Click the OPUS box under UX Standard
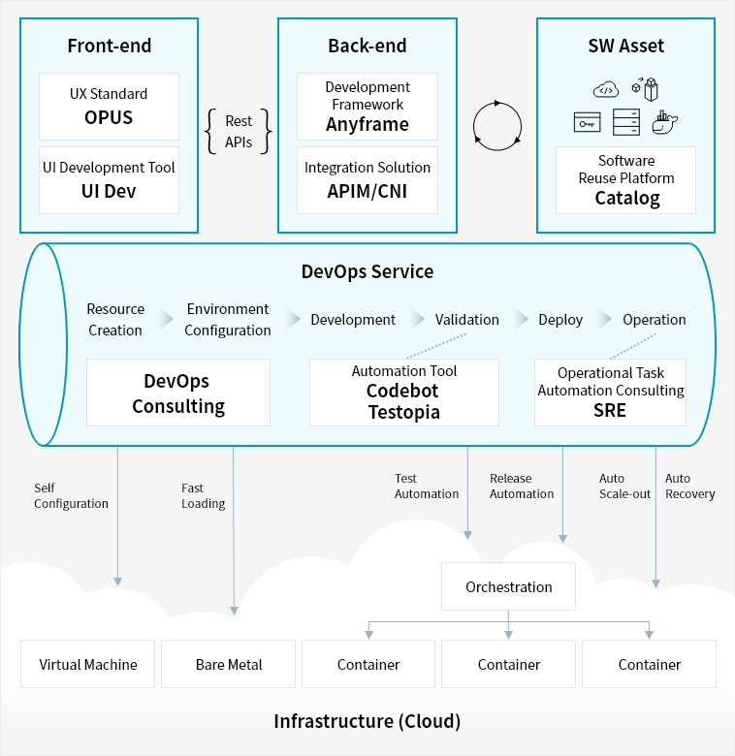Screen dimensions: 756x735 tap(109, 107)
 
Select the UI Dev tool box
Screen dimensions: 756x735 tap(109, 179)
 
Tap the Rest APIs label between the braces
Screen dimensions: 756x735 tap(239, 132)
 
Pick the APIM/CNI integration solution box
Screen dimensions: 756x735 tap(367, 179)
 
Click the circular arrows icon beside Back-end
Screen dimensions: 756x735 tap(496, 125)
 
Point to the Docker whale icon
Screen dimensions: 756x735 tap(665, 122)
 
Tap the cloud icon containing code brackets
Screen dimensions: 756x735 tap(606, 90)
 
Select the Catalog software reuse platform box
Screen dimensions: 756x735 tap(626, 179)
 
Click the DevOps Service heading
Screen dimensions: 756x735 tap(367, 271)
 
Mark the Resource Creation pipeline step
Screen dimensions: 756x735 tap(115, 320)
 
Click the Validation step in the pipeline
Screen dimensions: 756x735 tap(466, 320)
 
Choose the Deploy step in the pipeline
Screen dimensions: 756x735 tap(560, 320)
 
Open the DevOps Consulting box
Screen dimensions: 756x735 tap(178, 393)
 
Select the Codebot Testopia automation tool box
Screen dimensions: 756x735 tap(403, 393)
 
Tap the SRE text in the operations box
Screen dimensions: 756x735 tap(610, 410)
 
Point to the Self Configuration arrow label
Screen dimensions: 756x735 tap(71, 495)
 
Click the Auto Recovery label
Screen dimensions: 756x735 tap(689, 487)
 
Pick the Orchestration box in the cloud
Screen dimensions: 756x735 tap(509, 586)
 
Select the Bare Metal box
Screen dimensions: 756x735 tap(229, 664)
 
